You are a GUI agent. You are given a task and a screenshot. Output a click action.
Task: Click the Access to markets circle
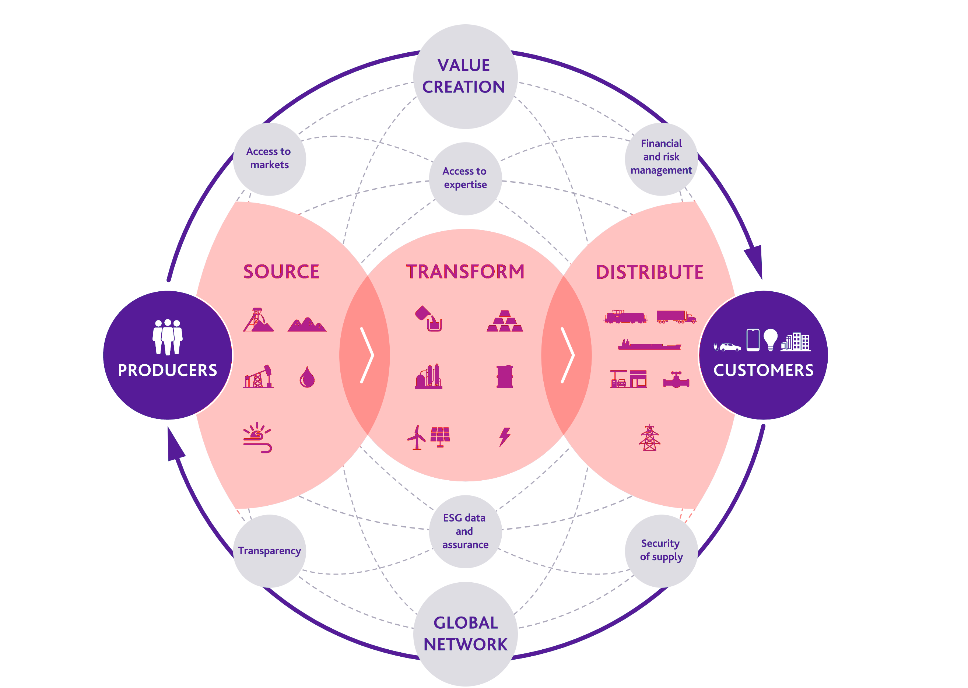[x=269, y=159]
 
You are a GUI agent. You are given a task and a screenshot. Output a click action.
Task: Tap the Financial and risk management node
[x=661, y=159]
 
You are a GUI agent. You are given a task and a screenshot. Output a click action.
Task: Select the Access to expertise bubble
[x=465, y=178]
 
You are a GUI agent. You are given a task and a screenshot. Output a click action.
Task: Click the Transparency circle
[x=269, y=551]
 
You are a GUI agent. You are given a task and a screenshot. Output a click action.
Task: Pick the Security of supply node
[x=661, y=551]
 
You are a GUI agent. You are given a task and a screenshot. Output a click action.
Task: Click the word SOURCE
[x=281, y=271]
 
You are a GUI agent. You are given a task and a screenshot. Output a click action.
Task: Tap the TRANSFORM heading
[x=465, y=271]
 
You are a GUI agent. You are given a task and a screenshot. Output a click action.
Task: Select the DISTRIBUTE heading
[x=649, y=272]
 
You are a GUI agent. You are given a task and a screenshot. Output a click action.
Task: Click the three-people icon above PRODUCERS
[x=168, y=337]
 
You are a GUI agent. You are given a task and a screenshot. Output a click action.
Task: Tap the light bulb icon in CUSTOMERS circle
[x=771, y=340]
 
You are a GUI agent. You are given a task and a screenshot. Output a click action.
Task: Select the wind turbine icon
[x=417, y=437]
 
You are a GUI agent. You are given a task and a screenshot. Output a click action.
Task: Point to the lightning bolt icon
[x=505, y=437]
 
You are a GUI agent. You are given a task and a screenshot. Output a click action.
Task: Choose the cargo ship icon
[x=649, y=345]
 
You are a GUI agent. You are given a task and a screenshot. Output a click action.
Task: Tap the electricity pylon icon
[x=649, y=438]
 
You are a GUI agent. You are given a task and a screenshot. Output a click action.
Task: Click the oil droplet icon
[x=307, y=377]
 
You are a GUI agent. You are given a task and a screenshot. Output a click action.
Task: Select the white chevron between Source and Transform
[x=367, y=355]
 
